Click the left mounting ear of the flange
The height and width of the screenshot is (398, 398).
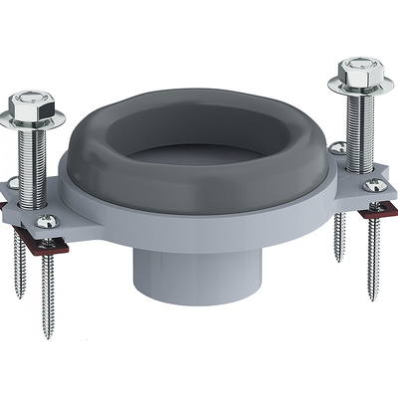pos(50,214)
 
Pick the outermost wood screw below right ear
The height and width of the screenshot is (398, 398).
pos(375,249)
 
